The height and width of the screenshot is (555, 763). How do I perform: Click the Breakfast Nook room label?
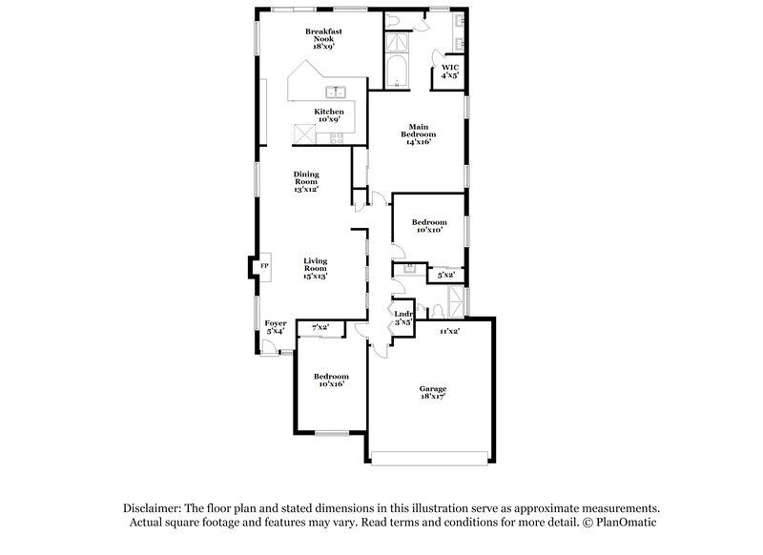tap(323, 39)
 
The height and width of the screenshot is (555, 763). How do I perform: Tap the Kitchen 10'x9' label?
tap(329, 115)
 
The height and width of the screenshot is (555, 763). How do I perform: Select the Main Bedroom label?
tap(419, 134)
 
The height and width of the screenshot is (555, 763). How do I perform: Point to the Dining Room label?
tap(306, 181)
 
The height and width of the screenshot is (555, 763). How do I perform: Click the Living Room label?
tap(316, 269)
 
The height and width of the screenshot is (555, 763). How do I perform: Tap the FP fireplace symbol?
tap(264, 266)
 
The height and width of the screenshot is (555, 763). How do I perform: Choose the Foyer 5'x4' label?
tap(276, 327)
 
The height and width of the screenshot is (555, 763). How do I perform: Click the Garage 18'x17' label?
tap(433, 392)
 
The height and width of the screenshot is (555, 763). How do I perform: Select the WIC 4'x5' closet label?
tap(450, 72)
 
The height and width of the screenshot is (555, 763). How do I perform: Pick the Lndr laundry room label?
tap(403, 319)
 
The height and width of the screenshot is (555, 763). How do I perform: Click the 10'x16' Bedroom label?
tap(331, 380)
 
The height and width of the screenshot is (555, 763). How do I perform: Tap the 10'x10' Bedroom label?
tap(429, 226)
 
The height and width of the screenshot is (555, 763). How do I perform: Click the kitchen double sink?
tap(336, 92)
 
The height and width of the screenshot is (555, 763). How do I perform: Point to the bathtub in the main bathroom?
tap(397, 72)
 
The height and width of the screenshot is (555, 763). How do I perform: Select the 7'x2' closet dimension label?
tap(320, 327)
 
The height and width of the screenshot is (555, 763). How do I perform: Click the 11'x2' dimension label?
tap(449, 331)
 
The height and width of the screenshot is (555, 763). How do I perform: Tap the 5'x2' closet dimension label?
tap(446, 275)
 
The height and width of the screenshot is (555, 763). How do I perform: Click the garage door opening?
tap(430, 458)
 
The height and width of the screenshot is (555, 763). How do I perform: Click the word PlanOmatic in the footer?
tap(627, 523)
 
